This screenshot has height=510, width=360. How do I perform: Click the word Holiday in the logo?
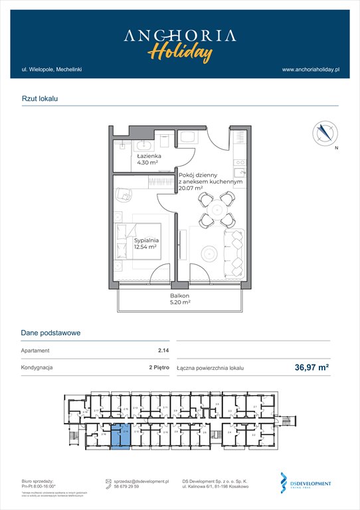pos(179,51)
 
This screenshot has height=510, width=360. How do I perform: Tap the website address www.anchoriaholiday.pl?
pos(310,69)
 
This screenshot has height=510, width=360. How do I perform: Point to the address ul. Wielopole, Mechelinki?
pos(51,69)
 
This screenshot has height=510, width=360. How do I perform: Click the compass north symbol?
pos(325,133)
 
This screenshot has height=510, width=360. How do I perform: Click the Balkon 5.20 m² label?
pos(179,299)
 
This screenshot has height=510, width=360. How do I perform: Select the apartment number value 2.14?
pos(162,351)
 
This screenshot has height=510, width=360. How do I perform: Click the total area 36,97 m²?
pos(312,366)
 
